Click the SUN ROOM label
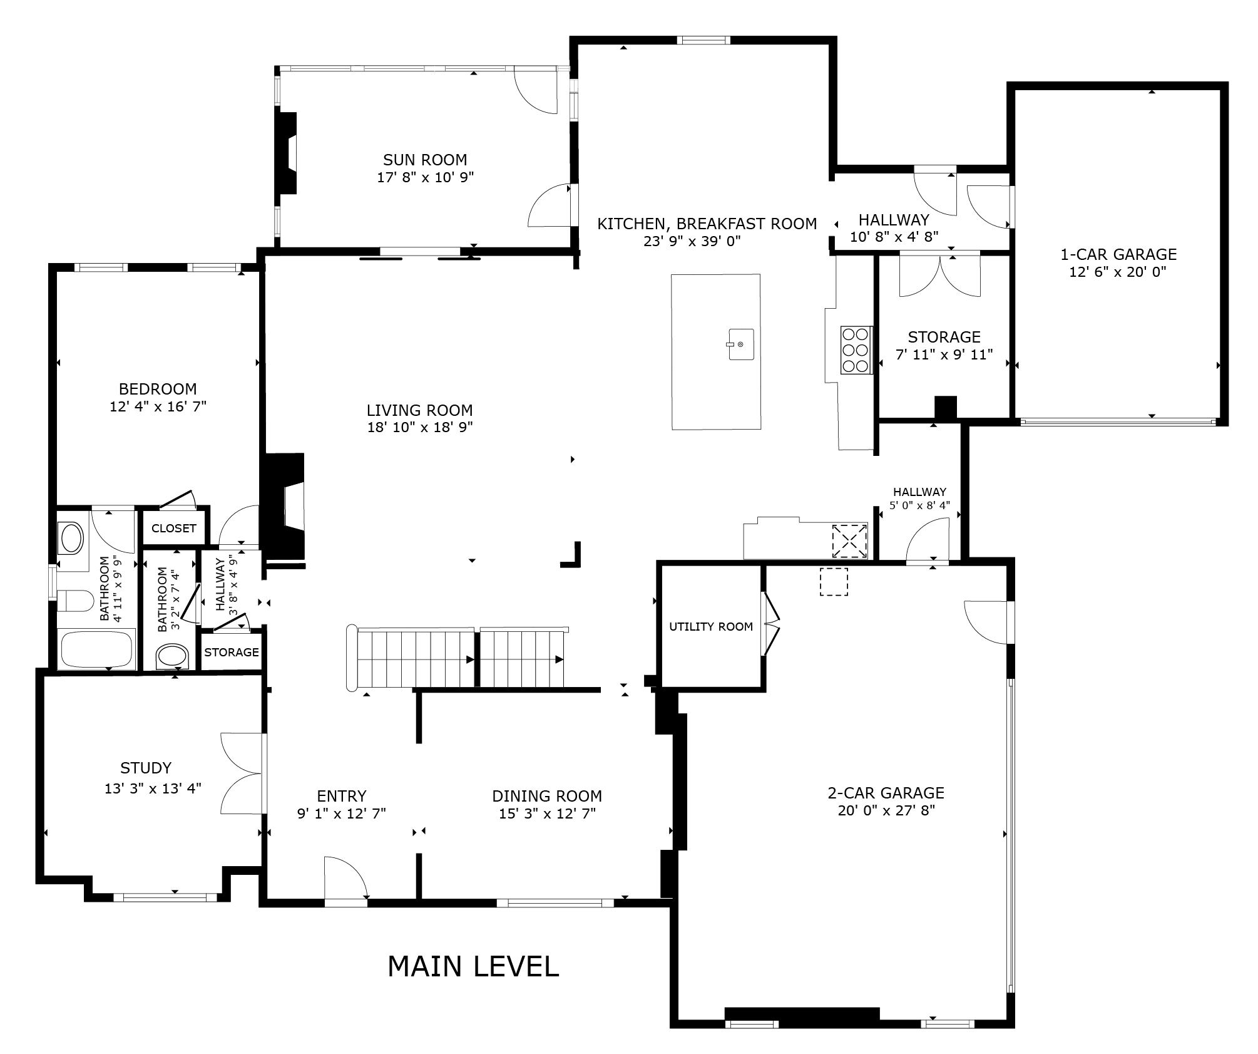[425, 160]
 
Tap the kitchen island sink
[740, 344]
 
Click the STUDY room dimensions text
[153, 788]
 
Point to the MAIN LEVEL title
[473, 966]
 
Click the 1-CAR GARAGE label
[1118, 254]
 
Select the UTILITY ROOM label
[711, 626]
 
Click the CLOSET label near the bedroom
[173, 528]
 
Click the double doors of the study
[242, 773]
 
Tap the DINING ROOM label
[547, 796]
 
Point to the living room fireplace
[285, 506]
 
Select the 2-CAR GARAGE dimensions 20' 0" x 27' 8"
[886, 810]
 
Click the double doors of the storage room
[940, 276]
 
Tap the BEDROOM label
[158, 389]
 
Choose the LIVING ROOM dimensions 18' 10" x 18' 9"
[420, 427]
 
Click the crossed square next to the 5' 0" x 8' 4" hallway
[849, 540]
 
